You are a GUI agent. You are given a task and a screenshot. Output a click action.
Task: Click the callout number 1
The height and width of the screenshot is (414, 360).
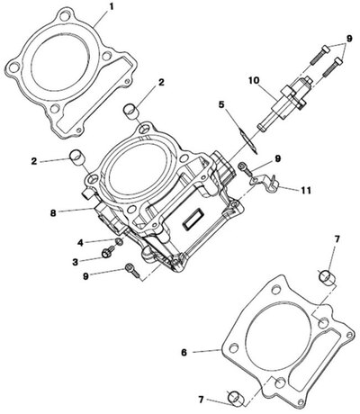click(112, 6)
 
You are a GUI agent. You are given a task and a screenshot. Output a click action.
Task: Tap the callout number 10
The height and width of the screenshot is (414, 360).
click(255, 80)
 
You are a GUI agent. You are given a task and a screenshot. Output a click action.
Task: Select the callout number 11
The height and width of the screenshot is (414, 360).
click(306, 190)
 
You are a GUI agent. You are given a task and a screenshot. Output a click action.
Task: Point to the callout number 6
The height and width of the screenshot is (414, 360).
click(184, 352)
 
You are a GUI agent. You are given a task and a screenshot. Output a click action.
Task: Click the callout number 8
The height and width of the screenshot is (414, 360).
click(53, 213)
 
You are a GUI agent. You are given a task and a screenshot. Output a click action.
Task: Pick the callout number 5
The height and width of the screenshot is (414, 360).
click(221, 104)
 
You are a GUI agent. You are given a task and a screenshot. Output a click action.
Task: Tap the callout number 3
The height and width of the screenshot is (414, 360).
click(75, 262)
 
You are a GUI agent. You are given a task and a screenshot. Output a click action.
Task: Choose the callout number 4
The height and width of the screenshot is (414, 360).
click(80, 242)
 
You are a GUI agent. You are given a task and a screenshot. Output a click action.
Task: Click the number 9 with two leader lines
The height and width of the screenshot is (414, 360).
click(349, 39)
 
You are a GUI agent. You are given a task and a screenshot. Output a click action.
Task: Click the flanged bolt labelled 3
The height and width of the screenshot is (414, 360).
click(107, 252)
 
